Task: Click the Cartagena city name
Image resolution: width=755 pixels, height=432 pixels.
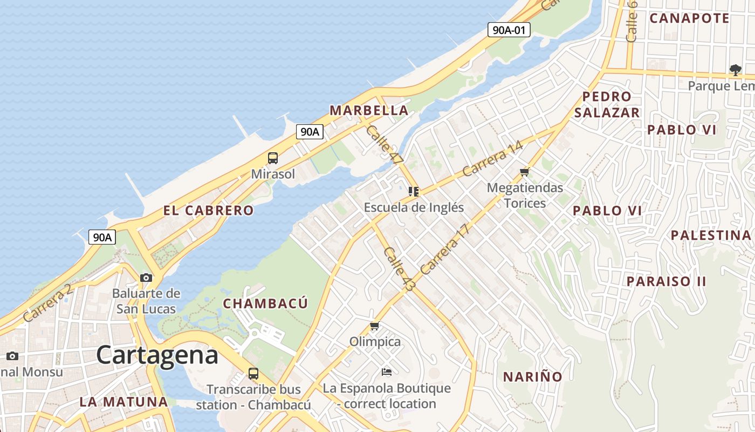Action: click(157, 355)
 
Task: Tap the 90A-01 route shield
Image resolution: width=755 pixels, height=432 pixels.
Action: click(509, 30)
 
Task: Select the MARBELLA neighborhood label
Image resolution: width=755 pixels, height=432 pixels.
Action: click(369, 110)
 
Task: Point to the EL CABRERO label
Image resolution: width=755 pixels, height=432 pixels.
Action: click(208, 211)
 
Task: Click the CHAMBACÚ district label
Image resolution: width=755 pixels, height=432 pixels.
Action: click(265, 303)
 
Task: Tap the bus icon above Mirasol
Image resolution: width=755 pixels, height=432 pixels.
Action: click(273, 158)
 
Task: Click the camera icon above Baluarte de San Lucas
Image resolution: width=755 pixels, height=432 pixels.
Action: click(146, 278)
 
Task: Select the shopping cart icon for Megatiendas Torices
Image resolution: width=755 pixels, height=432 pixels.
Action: click(525, 172)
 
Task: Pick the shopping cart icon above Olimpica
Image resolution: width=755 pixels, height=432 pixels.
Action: click(375, 326)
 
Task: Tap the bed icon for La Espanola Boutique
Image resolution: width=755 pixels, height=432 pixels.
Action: click(386, 372)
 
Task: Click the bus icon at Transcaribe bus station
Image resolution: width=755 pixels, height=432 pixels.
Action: click(253, 373)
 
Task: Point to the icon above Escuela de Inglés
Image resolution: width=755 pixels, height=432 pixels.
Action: click(414, 192)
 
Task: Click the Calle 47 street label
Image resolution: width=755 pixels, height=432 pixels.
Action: click(385, 144)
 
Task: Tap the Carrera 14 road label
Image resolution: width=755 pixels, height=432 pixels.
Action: click(492, 159)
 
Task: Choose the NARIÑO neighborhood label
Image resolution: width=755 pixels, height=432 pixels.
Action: click(533, 377)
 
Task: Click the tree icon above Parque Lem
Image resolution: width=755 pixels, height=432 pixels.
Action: click(735, 70)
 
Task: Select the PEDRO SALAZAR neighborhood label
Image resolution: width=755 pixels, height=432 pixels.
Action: click(607, 104)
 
